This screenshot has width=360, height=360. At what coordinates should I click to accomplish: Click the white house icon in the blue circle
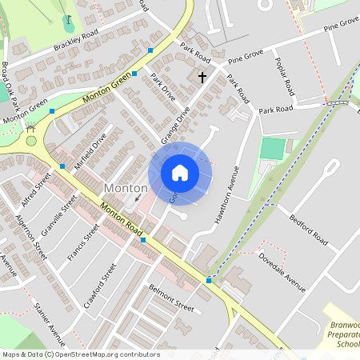[180, 172]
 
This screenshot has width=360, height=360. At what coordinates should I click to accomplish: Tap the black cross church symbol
[202, 78]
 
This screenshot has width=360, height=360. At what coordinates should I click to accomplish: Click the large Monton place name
[126, 187]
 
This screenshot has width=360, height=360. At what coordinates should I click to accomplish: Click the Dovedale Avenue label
[282, 271]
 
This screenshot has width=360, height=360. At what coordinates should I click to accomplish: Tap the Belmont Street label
[172, 299]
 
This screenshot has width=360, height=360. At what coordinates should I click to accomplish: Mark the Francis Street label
[82, 242]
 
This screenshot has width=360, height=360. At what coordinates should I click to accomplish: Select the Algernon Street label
[31, 238]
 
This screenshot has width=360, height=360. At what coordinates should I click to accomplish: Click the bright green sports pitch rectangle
[272, 149]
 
